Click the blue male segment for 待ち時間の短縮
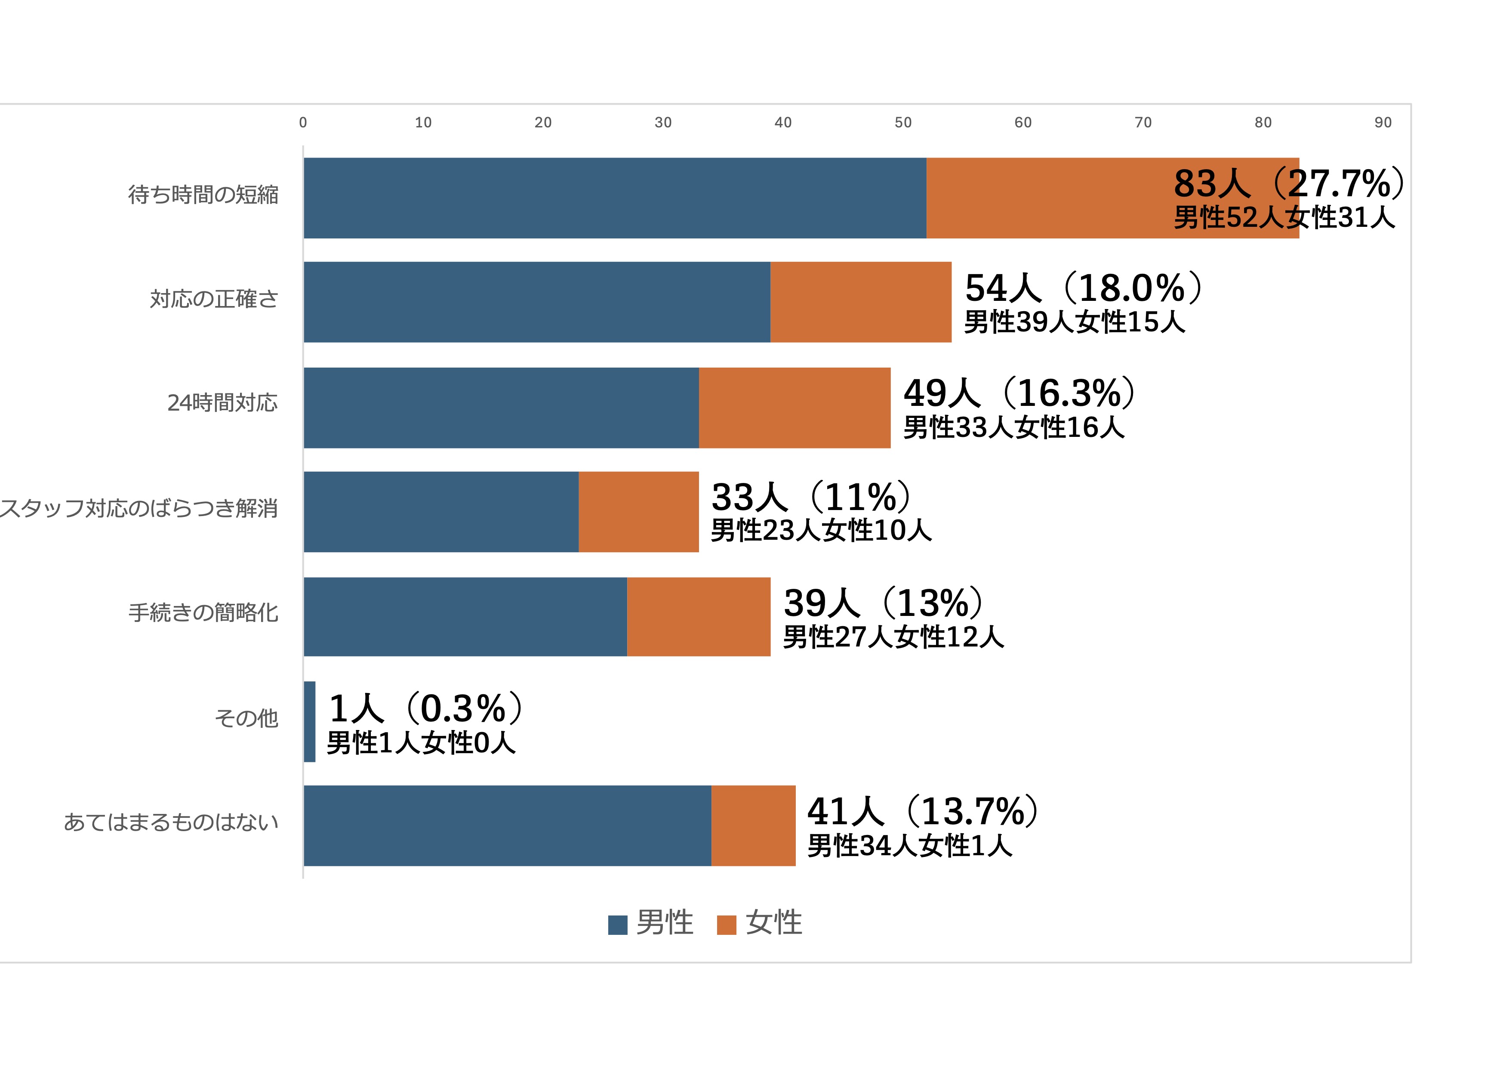pyautogui.click(x=615, y=198)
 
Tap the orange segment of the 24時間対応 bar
pyautogui.click(x=794, y=408)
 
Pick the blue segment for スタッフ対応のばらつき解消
pyautogui.click(x=441, y=511)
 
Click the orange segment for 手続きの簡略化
pyautogui.click(x=698, y=617)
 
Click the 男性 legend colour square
pyautogui.click(x=617, y=925)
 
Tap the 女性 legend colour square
pyautogui.click(x=726, y=925)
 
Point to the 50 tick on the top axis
pyautogui.click(x=902, y=122)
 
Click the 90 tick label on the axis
pyautogui.click(x=1383, y=122)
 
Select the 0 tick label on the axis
pyautogui.click(x=303, y=122)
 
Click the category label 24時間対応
pyautogui.click(x=222, y=402)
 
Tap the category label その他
pyautogui.click(x=246, y=718)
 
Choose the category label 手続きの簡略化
pyautogui.click(x=203, y=613)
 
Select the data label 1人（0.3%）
pyautogui.click(x=426, y=708)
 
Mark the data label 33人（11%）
pyautogui.click(x=811, y=497)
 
